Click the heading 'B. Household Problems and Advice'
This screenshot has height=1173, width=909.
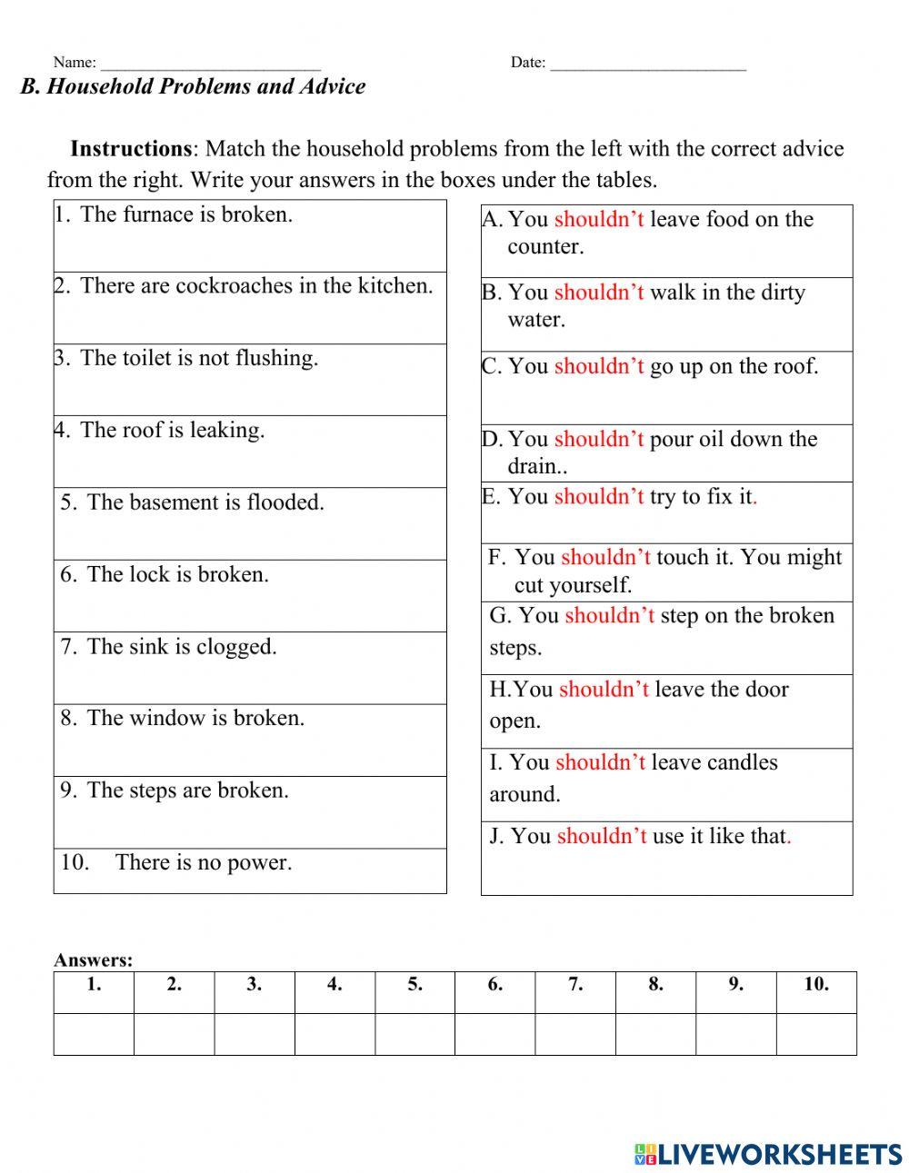pyautogui.click(x=193, y=87)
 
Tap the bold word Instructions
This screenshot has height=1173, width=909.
pyautogui.click(x=131, y=149)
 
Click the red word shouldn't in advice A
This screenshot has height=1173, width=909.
pyautogui.click(x=599, y=220)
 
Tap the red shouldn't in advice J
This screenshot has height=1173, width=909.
pyautogui.click(x=602, y=836)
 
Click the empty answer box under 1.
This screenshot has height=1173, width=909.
pyautogui.click(x=94, y=1034)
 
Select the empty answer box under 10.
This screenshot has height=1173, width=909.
pyautogui.click(x=816, y=1034)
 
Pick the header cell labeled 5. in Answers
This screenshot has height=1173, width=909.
pyautogui.click(x=415, y=985)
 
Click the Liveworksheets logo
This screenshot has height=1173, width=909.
pyautogui.click(x=768, y=1154)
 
